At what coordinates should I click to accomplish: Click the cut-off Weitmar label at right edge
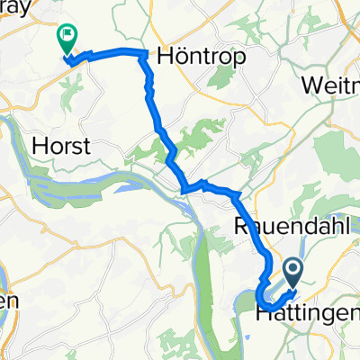tap(332, 84)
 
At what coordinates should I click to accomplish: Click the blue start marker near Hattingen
tap(294, 270)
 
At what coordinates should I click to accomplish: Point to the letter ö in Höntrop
tap(181, 55)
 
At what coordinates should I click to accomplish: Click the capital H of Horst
tap(39, 146)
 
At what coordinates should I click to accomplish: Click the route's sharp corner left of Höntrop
tap(142, 55)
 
